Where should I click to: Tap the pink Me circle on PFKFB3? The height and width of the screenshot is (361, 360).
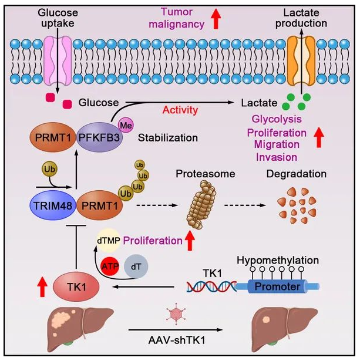tap(125, 124)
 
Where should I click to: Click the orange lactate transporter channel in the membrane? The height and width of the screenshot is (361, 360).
tap(301, 60)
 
